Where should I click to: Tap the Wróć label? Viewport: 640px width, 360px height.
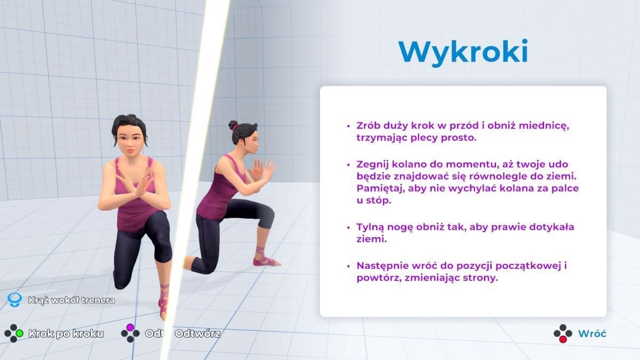pos(592,333)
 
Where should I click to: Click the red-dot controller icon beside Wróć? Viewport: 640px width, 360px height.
pos(563,333)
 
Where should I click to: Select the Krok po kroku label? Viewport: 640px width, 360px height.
pos(66,333)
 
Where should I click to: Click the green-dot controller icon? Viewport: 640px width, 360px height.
pos(14,333)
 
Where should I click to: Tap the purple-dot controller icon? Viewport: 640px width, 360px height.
pos(130,333)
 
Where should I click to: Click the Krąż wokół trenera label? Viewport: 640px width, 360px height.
pos(71,300)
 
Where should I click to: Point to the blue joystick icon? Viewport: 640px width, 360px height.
pos(14,300)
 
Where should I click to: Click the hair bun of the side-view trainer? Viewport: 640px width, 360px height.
pos(233,125)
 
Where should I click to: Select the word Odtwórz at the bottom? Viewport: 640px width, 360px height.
pos(197,333)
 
